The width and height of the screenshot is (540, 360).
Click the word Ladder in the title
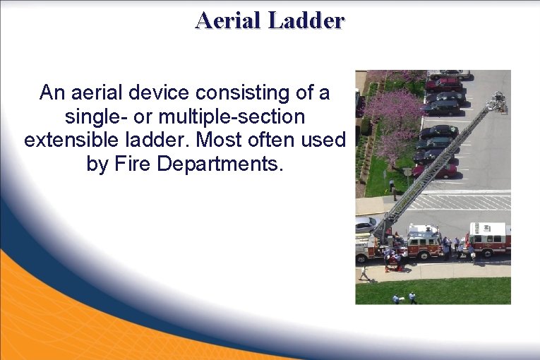pos(306,20)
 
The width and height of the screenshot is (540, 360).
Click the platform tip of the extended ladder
pos(499,102)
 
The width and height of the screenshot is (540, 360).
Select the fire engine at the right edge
pos(489,239)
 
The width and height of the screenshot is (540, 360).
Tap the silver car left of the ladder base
pos(365,224)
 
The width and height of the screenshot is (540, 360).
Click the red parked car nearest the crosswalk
pos(434,170)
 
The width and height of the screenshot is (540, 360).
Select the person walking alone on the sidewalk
pos(364,272)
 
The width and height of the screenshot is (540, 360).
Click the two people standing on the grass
pos(404,298)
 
